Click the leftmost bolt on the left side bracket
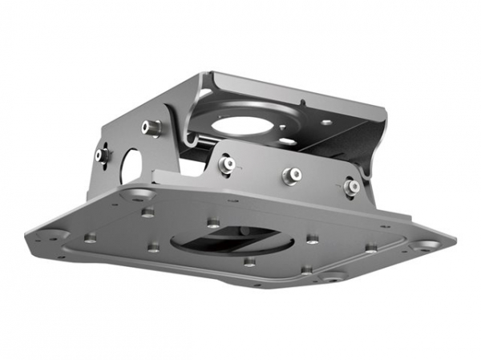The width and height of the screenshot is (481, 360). click(102, 155)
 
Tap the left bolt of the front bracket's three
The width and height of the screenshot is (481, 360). click(227, 165)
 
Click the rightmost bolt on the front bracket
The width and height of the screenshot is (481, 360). click(352, 186)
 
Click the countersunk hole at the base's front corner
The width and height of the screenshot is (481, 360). click(331, 276)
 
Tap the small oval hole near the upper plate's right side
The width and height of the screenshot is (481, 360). click(326, 122)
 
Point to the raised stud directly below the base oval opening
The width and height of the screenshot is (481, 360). click(249, 261)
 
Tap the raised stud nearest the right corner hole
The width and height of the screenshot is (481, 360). click(370, 248)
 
